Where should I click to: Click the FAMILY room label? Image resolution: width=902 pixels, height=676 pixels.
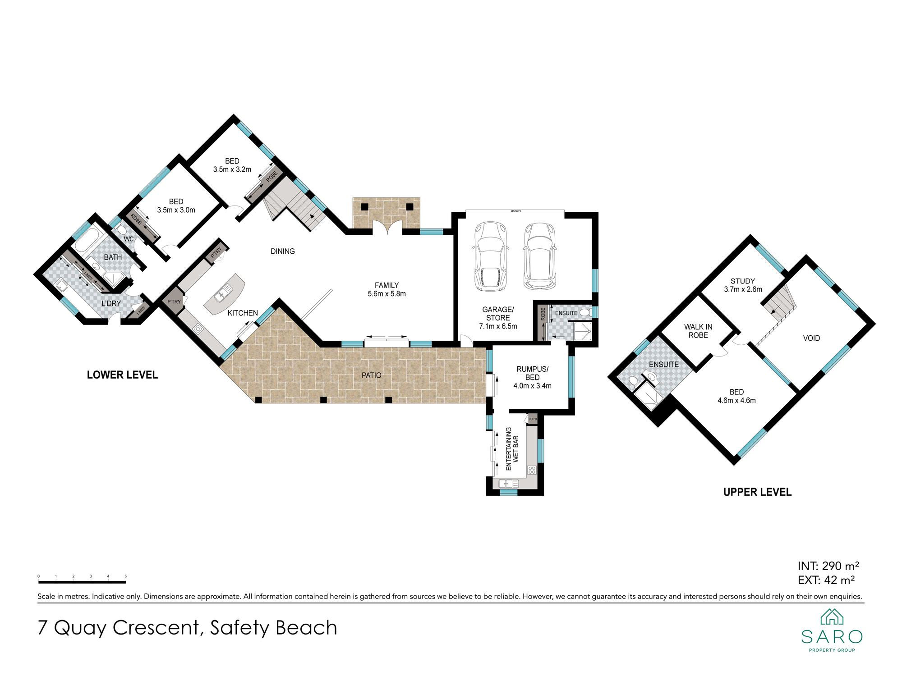(x=387, y=285)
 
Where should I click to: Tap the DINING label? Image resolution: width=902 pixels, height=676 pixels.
(x=283, y=251)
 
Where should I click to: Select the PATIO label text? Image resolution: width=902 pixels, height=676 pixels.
(x=372, y=375)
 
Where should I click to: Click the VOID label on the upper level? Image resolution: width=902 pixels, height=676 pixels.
(x=811, y=338)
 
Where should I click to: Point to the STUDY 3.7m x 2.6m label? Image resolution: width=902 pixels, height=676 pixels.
(x=743, y=285)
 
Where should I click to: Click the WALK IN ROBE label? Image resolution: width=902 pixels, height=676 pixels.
(x=698, y=331)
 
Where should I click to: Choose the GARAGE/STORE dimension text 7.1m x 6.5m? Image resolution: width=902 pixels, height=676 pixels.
(x=498, y=326)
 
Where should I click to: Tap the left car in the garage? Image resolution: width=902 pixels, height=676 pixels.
(x=490, y=256)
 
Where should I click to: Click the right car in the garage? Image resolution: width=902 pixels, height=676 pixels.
(x=539, y=256)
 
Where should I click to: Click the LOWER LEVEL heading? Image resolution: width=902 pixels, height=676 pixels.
(x=122, y=375)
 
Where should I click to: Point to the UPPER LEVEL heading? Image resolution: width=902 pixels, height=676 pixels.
(x=757, y=492)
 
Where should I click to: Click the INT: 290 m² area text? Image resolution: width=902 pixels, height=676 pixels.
(x=828, y=566)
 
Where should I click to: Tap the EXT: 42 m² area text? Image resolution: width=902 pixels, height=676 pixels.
(x=826, y=580)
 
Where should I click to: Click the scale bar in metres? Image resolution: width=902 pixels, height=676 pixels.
(x=82, y=582)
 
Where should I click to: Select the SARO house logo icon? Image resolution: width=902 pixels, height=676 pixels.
(x=832, y=617)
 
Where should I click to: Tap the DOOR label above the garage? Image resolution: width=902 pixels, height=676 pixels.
(x=515, y=211)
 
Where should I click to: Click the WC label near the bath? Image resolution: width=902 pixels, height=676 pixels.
(x=129, y=239)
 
